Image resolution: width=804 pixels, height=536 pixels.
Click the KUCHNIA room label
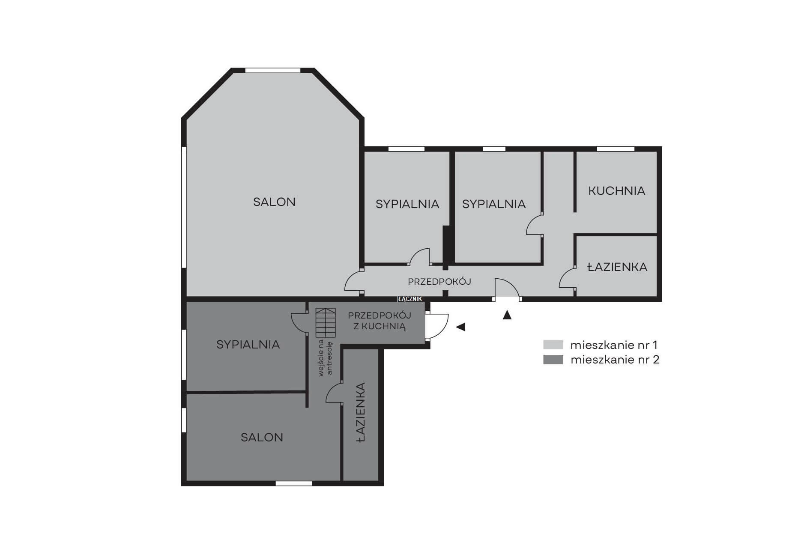point(616,191)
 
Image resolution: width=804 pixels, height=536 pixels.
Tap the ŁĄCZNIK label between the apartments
point(410,299)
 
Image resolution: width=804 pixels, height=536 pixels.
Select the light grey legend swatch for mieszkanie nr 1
point(553,345)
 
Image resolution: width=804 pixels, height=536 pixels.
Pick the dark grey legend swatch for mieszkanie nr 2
point(553,360)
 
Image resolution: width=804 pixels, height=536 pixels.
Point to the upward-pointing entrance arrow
point(507,315)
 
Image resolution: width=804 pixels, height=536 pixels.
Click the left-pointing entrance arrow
point(460,327)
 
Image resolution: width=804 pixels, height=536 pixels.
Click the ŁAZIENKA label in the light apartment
point(617,267)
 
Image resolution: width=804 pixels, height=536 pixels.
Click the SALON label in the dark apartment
point(262,437)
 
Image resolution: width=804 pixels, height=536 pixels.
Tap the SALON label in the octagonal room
point(274,202)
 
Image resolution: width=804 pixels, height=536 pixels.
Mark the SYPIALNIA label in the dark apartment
point(248,344)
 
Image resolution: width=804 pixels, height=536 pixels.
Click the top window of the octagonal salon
point(273,70)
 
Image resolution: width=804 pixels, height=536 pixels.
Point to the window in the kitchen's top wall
point(616,149)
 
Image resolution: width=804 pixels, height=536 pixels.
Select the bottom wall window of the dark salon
point(293,483)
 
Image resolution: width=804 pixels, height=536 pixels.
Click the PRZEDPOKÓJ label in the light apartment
point(439,282)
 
